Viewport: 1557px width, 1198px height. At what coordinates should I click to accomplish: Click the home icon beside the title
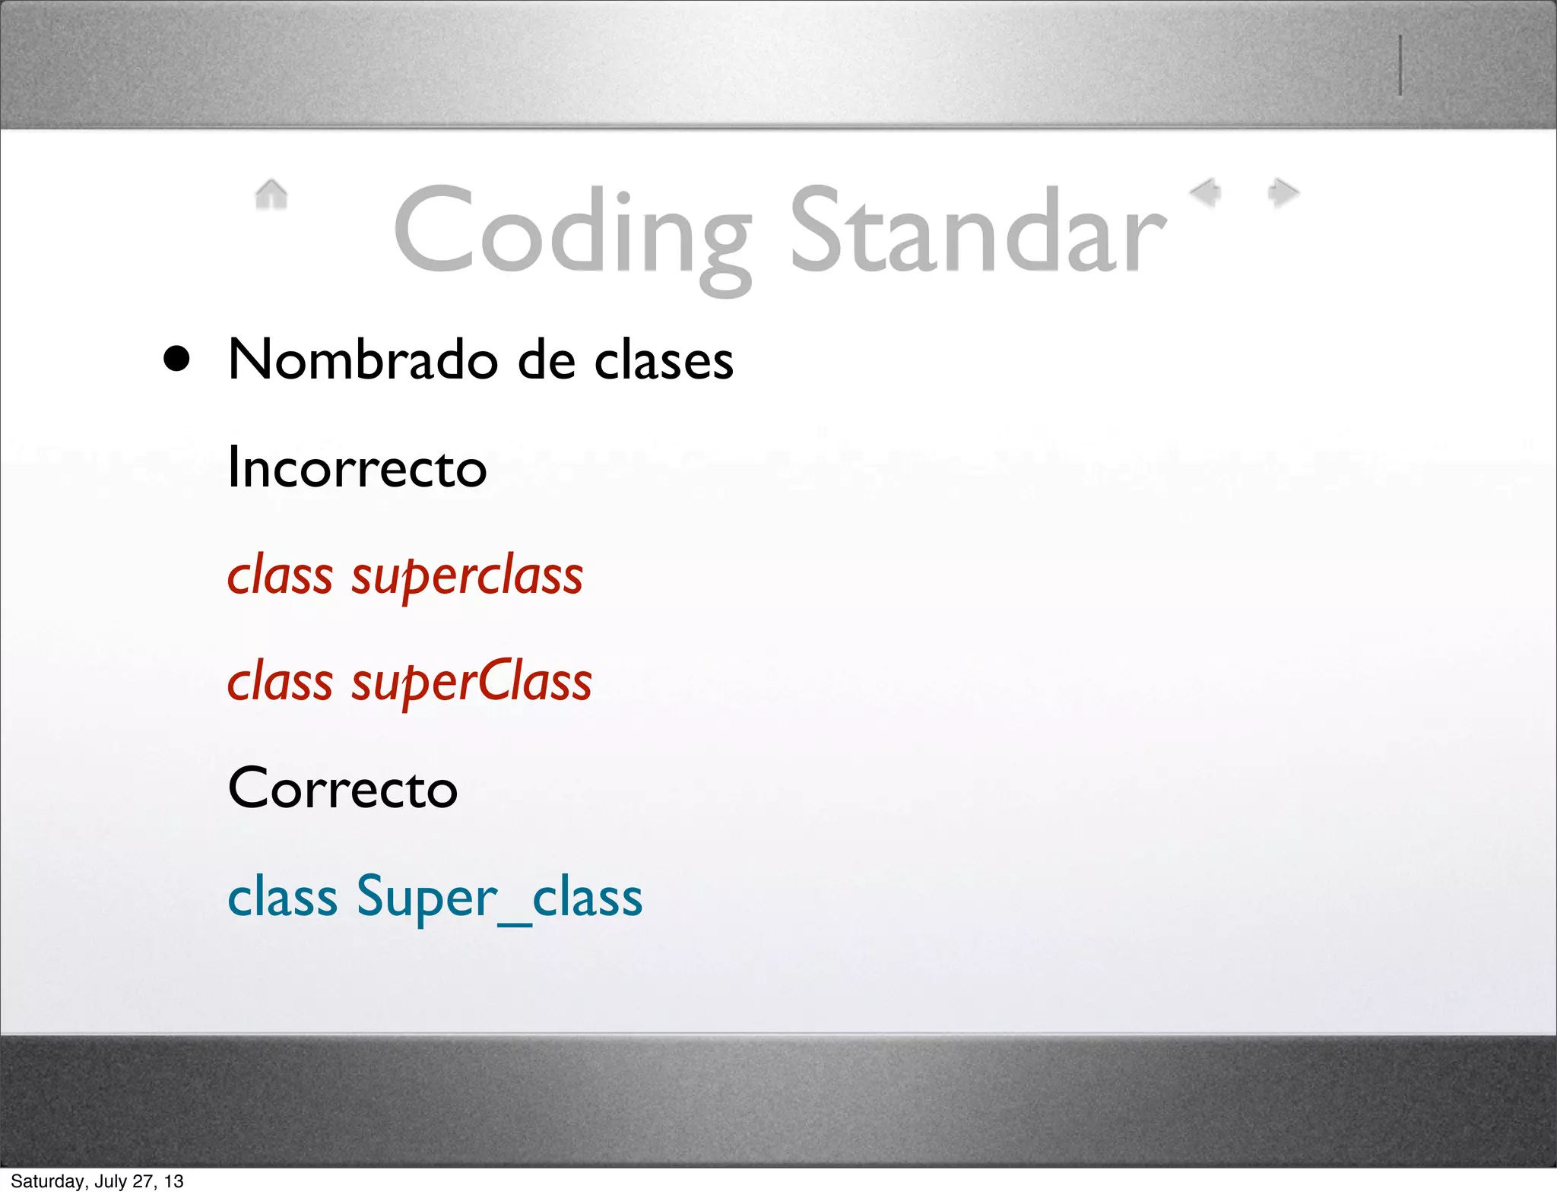click(271, 194)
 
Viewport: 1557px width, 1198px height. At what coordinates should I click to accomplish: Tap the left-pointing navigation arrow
click(1206, 192)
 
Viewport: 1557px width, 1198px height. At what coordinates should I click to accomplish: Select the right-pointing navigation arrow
click(1283, 192)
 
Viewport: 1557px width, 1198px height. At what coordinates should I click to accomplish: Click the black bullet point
click(176, 359)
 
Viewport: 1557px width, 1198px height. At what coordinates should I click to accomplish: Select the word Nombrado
click(363, 360)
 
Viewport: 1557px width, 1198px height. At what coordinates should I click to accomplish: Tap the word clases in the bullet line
click(664, 360)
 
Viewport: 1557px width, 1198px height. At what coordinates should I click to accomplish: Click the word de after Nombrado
click(546, 360)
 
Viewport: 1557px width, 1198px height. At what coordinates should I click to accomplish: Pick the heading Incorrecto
click(357, 467)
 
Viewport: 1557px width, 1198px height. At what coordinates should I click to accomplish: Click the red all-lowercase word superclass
click(467, 575)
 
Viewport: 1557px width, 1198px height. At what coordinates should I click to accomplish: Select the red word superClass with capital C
click(471, 682)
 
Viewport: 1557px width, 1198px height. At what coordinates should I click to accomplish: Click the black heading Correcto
click(343, 788)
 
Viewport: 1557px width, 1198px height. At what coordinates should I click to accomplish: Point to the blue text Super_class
click(499, 897)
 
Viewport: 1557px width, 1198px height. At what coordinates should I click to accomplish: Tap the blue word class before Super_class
click(282, 897)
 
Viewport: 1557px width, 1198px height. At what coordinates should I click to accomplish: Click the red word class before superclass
click(280, 575)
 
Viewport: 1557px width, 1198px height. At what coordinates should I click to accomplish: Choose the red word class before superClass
click(280, 682)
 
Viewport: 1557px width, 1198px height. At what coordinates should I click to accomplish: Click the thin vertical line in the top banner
click(1400, 65)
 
